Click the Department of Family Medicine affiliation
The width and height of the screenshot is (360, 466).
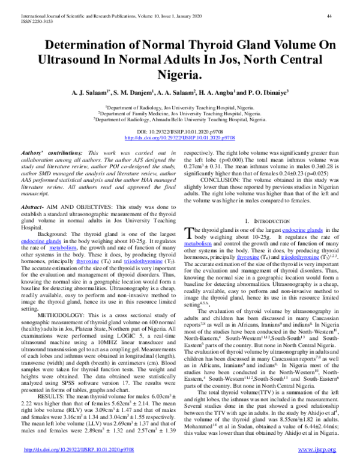coord(179,112)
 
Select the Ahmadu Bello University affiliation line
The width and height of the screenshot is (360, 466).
coord(180,119)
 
